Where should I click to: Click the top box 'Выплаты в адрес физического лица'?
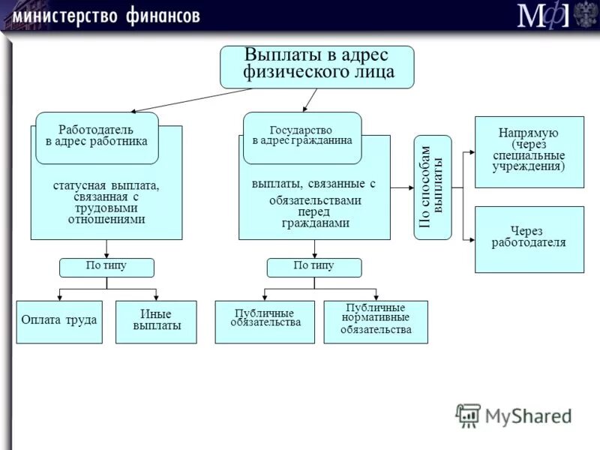tap(316, 67)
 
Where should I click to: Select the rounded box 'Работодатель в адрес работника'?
tap(97, 137)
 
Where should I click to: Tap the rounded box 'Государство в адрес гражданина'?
tap(302, 137)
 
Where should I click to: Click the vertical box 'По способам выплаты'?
tap(433, 187)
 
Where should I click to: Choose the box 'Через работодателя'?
tap(529, 238)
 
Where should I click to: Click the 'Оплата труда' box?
tap(59, 322)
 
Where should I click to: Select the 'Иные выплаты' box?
tap(156, 322)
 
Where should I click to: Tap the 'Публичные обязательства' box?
tap(264, 322)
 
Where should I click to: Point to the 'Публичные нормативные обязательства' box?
tap(375, 322)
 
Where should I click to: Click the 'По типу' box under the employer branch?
tap(106, 267)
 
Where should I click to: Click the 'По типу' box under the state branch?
tap(314, 267)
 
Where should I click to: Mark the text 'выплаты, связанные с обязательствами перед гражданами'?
tap(313, 203)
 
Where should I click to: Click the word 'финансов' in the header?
tap(160, 15)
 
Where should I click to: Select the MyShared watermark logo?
tap(513, 415)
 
